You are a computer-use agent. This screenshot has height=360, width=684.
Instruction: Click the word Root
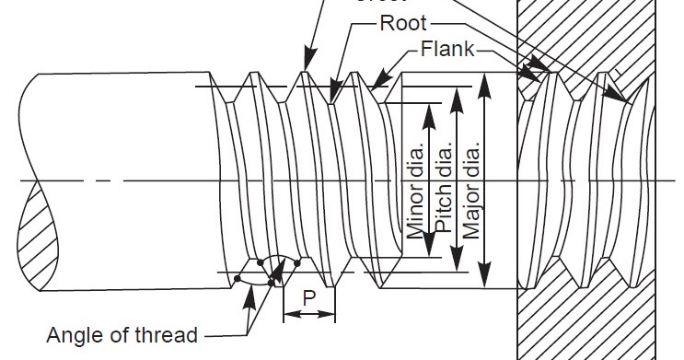(402, 23)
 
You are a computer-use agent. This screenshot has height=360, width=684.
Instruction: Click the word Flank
(448, 50)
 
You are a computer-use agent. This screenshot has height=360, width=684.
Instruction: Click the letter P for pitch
(308, 298)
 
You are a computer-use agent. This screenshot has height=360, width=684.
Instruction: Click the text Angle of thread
(122, 335)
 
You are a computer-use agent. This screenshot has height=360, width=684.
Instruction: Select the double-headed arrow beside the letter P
(308, 315)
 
